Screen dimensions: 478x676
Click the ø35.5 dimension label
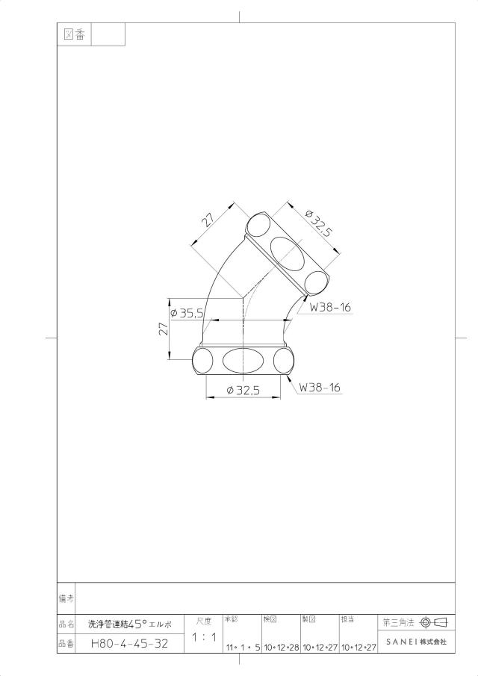point(187,314)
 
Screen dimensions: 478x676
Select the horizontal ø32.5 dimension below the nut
point(243,391)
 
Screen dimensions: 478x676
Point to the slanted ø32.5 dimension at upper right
point(318,223)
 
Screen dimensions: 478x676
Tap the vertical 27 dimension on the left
point(164,329)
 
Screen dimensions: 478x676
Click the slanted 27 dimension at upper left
point(208,220)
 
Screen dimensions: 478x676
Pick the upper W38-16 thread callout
point(330,308)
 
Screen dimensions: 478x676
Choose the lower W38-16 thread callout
point(320,387)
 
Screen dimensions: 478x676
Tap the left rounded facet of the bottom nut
point(202,361)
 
